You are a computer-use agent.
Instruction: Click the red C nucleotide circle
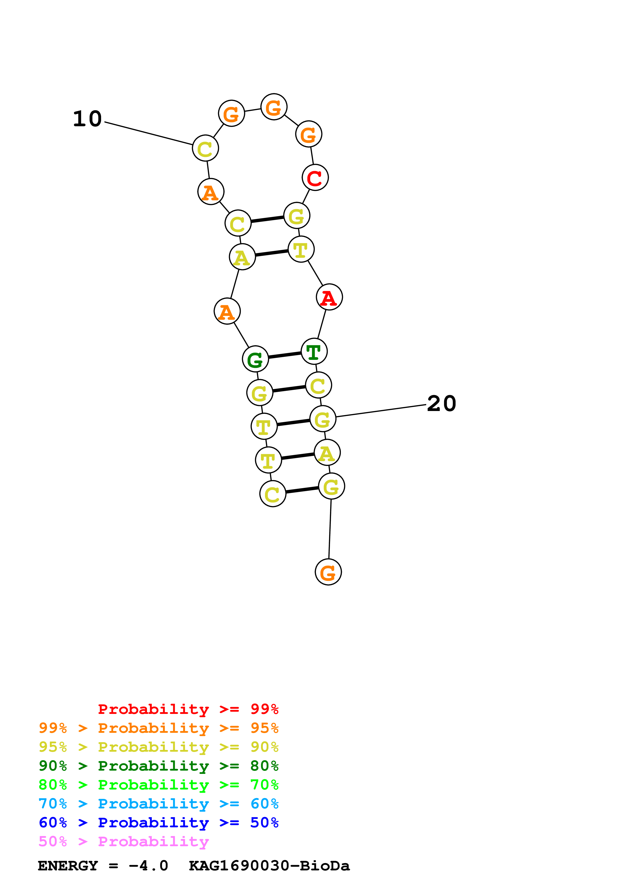click(315, 177)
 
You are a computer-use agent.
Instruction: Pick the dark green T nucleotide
click(314, 351)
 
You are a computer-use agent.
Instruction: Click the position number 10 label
click(87, 119)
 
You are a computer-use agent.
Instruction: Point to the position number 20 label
click(441, 403)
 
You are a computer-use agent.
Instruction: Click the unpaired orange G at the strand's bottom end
click(328, 572)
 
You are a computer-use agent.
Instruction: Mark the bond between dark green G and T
click(285, 355)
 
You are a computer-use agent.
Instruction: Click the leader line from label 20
click(381, 411)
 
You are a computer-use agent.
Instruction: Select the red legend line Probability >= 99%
click(188, 709)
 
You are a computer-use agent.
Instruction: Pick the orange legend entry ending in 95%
click(158, 728)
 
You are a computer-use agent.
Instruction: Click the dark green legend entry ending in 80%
click(158, 766)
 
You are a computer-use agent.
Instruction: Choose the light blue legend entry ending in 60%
click(158, 804)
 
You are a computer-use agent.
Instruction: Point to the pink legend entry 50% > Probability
click(124, 841)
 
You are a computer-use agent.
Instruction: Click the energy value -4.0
click(148, 866)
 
